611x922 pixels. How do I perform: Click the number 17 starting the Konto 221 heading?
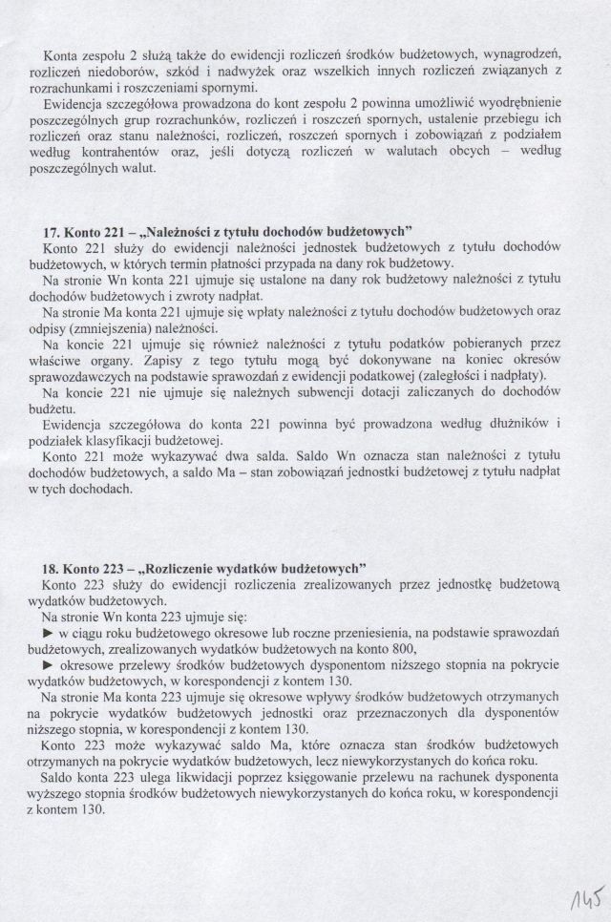point(53,230)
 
